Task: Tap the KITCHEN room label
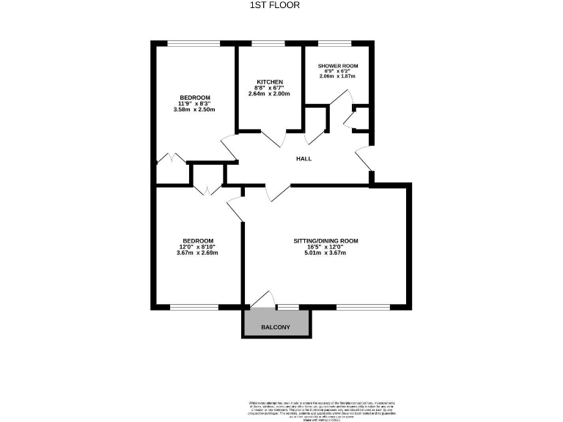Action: click(269, 81)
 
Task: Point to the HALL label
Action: click(303, 158)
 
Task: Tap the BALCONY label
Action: click(276, 327)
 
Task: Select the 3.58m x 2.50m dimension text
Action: click(194, 110)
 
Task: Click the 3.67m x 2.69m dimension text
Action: click(197, 253)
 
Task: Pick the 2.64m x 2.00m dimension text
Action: click(269, 94)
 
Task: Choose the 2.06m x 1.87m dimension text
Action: click(337, 76)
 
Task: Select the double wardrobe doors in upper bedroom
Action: click(172, 158)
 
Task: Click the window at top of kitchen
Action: click(269, 44)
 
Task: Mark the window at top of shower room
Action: click(339, 44)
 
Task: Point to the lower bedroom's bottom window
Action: click(194, 306)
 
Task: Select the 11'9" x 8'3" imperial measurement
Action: click(195, 104)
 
